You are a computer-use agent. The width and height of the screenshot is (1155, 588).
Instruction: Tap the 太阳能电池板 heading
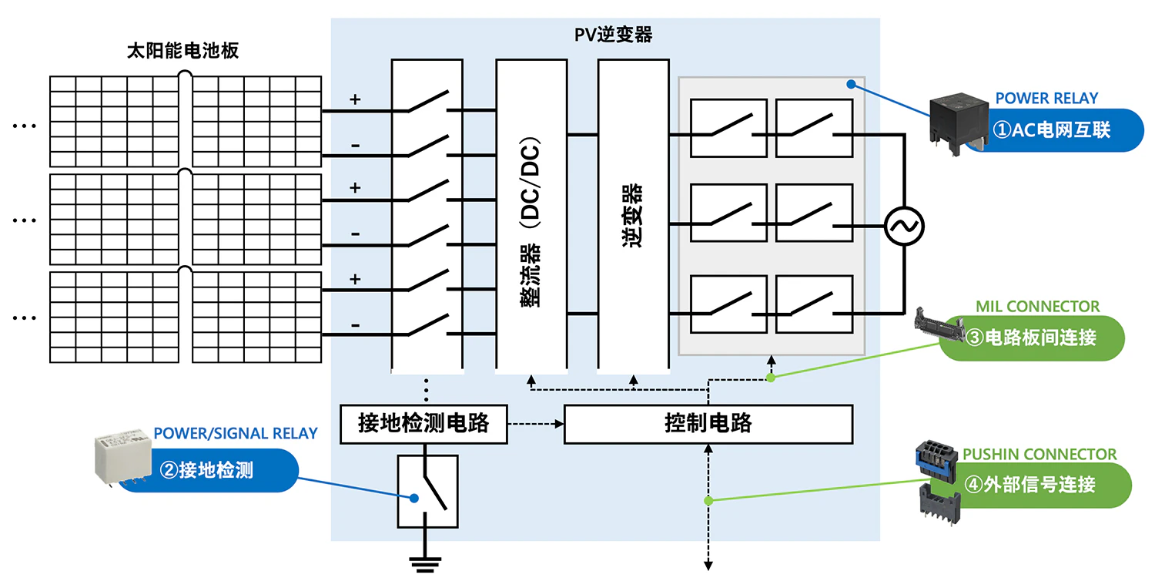(x=182, y=52)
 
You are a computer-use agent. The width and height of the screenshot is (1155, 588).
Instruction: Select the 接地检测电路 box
(x=423, y=423)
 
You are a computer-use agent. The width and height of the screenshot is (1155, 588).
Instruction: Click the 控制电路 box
(x=708, y=423)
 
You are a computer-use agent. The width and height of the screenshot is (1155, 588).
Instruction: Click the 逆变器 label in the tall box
(x=633, y=215)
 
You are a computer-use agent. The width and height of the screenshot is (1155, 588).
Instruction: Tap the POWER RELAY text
(x=1046, y=98)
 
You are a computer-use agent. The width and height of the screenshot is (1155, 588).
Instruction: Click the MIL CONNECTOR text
(x=1037, y=307)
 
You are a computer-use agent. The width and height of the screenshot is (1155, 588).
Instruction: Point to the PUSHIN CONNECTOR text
(x=1039, y=455)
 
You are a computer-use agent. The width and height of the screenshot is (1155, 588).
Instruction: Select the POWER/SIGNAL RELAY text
(x=236, y=433)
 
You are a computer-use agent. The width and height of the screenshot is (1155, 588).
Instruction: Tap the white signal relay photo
(x=122, y=459)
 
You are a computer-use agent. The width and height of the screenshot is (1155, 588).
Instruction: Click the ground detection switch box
(x=427, y=491)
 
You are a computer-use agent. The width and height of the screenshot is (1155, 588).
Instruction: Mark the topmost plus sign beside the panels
(x=355, y=99)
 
